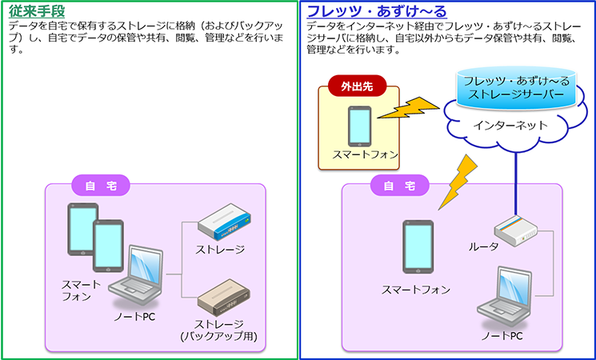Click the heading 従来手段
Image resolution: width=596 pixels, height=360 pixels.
[38, 12]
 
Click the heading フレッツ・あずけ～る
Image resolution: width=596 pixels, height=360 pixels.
[377, 12]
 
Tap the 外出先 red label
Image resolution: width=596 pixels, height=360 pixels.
[352, 84]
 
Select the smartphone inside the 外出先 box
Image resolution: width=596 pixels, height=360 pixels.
[358, 126]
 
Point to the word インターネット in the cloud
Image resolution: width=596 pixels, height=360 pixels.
[510, 126]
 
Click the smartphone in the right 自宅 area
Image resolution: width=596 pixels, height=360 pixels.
[417, 249]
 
